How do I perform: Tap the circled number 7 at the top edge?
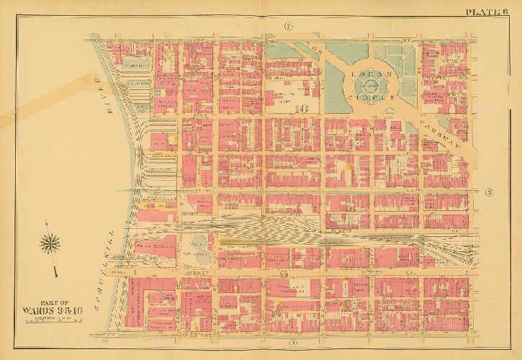(288, 28)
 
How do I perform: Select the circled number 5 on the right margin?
(489, 192)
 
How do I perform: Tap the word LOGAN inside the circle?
(368, 74)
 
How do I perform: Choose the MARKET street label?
(196, 274)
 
